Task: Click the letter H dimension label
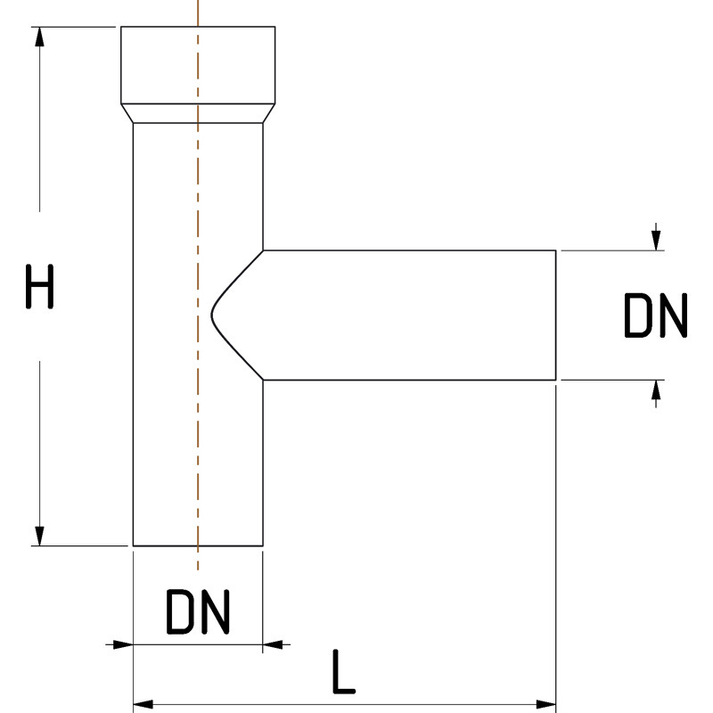click(x=39, y=287)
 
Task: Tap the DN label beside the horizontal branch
click(x=655, y=316)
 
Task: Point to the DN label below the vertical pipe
click(x=198, y=612)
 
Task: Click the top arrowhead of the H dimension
click(x=39, y=36)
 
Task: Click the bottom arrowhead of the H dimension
click(x=39, y=536)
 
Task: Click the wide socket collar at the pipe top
click(x=198, y=64)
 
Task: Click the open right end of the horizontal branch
click(x=556, y=316)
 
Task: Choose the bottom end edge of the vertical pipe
click(x=198, y=545)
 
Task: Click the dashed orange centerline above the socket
click(x=198, y=12)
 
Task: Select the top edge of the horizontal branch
click(x=410, y=250)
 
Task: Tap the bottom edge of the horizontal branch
click(x=410, y=381)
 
